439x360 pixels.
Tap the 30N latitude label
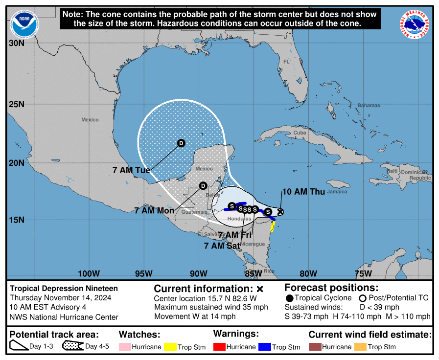tap(16, 43)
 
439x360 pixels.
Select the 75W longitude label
tap(363, 273)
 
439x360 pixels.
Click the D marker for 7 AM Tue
tap(181, 143)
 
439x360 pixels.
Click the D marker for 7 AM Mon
tap(203, 185)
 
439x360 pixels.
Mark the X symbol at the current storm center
tap(280, 212)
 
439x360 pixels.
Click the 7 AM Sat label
tap(222, 246)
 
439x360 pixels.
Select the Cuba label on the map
tap(300, 133)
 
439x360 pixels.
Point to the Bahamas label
tap(368, 106)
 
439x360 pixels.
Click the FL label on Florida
tap(287, 62)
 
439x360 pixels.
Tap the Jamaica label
tap(337, 192)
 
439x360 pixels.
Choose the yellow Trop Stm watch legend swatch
tap(170, 347)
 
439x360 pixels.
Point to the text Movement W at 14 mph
tap(195, 316)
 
